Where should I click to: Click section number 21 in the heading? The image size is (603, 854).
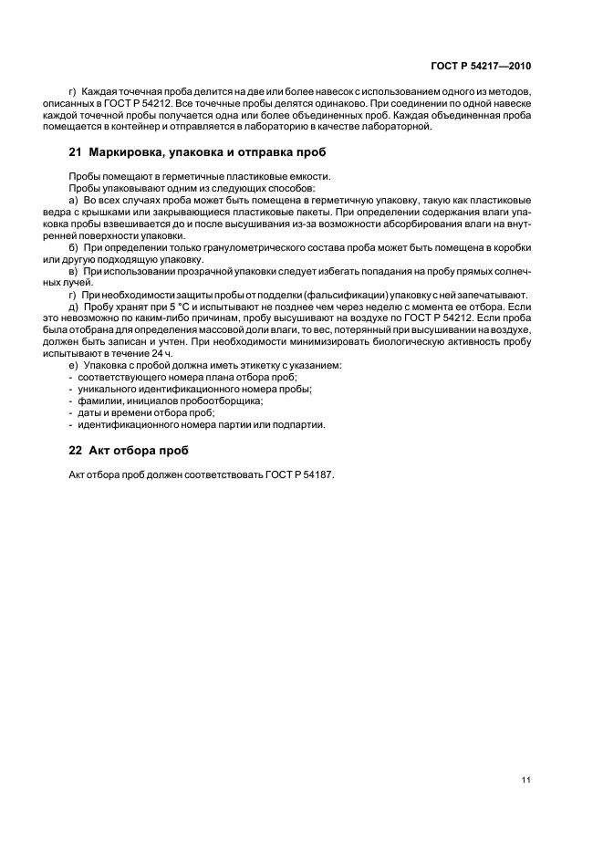click(75, 151)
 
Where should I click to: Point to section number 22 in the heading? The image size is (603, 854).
click(75, 451)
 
